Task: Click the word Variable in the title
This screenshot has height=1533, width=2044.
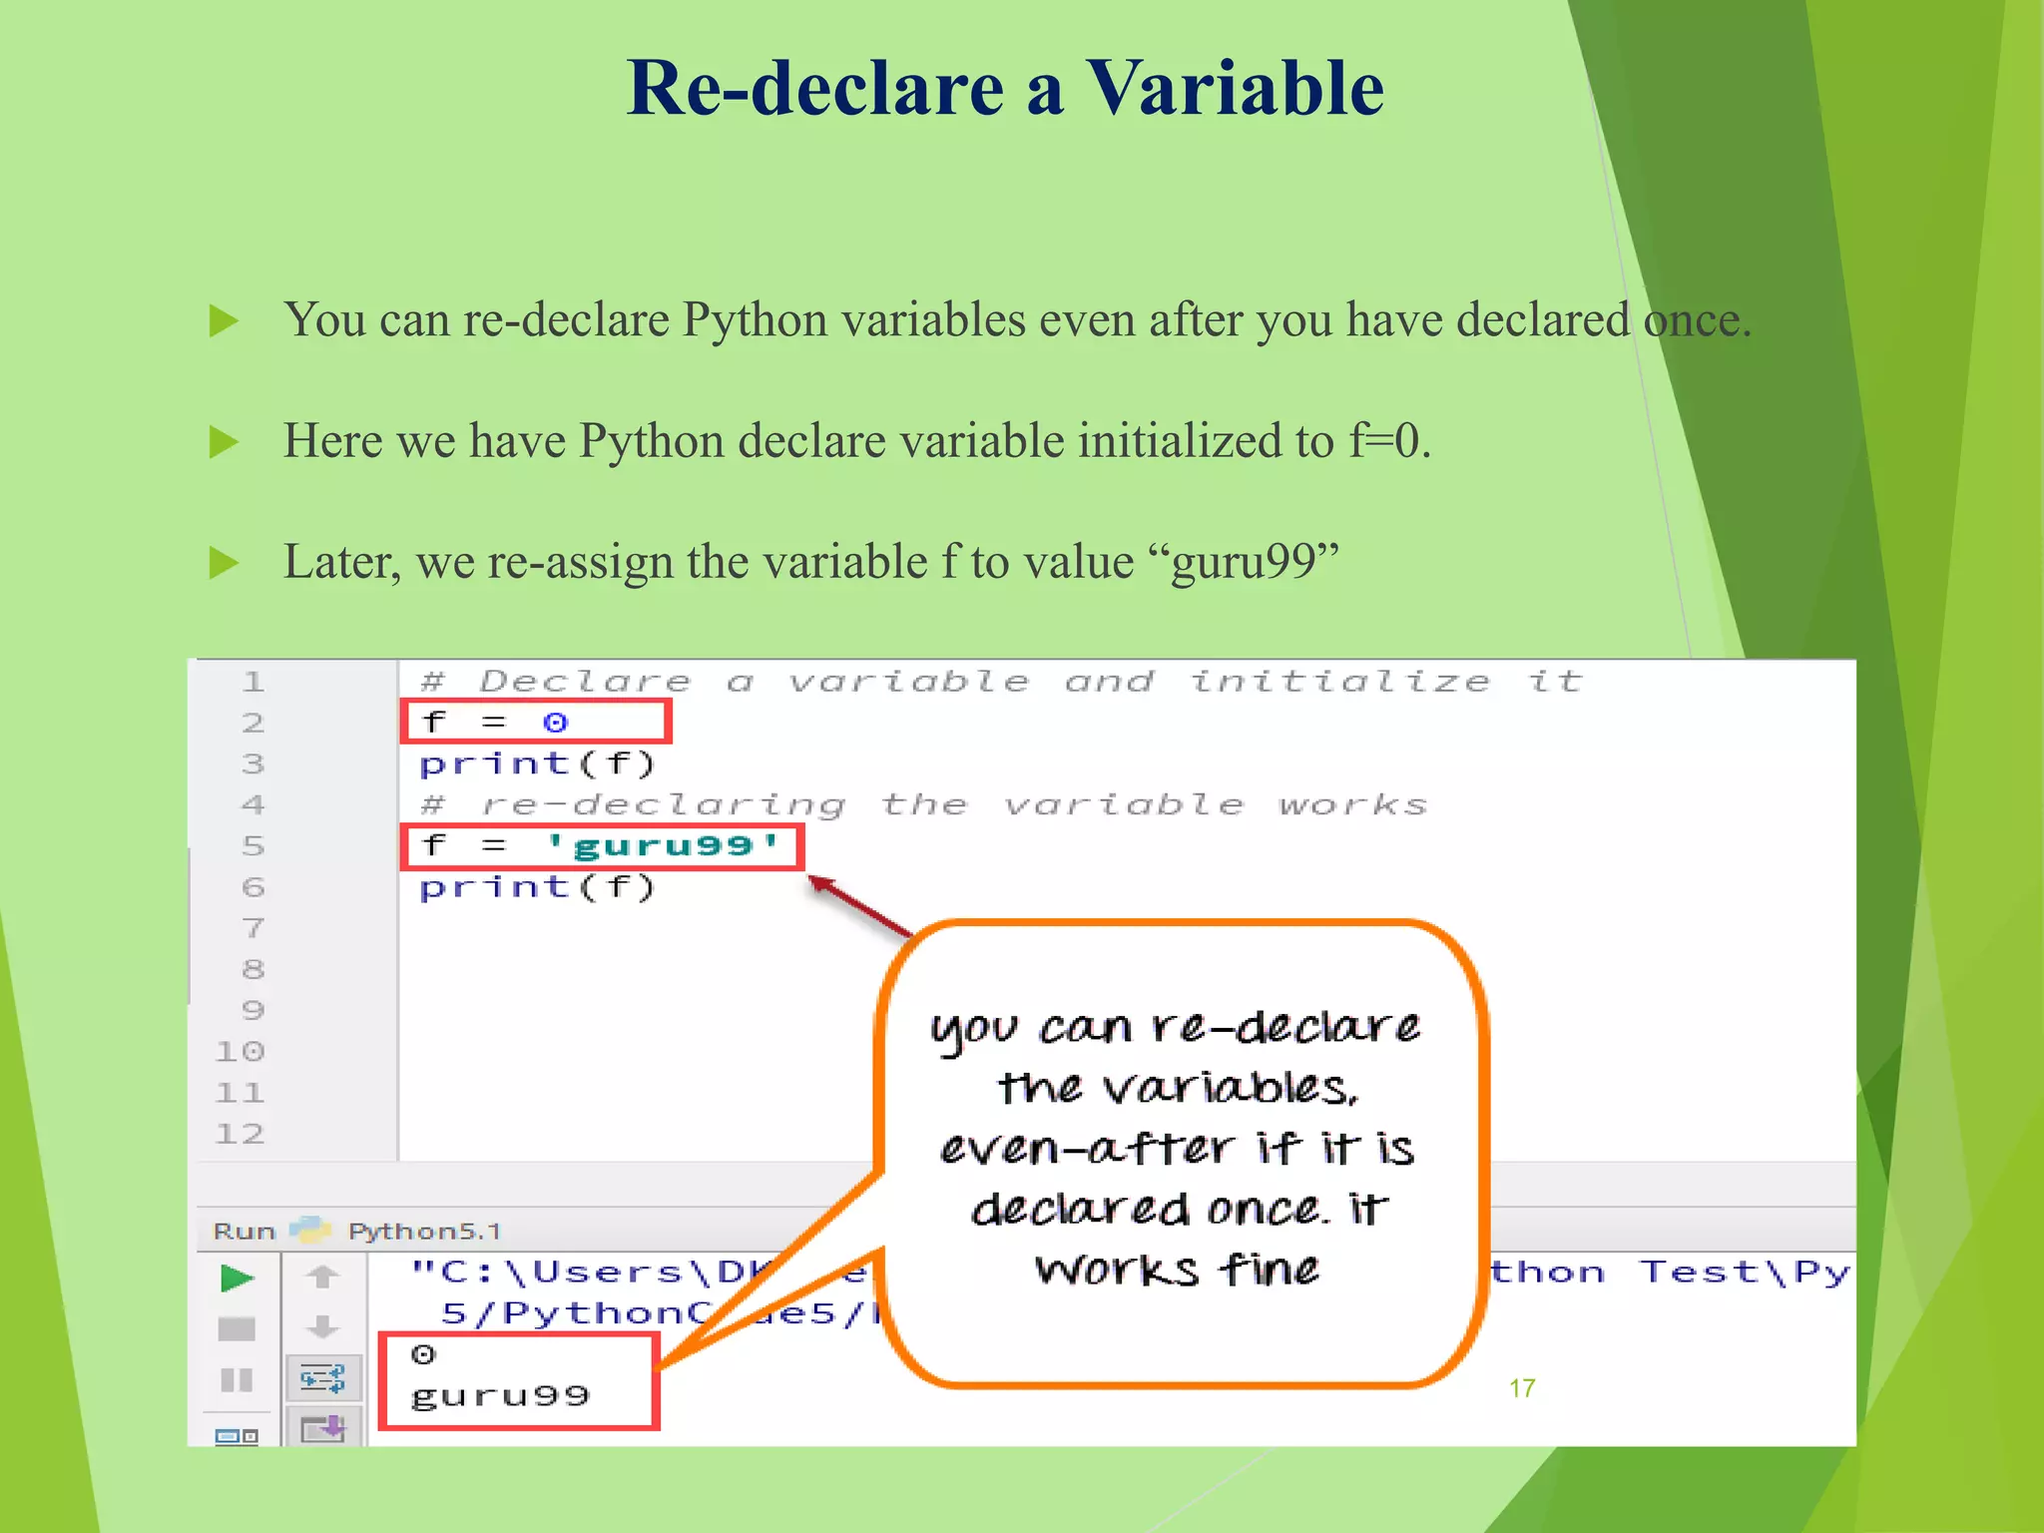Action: click(x=1235, y=88)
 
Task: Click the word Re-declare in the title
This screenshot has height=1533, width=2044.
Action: click(x=815, y=88)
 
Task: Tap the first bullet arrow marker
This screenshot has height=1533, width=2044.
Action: click(x=224, y=321)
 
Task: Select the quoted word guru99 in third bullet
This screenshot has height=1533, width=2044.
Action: click(x=1255, y=562)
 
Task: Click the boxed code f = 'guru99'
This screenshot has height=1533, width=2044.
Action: click(x=602, y=846)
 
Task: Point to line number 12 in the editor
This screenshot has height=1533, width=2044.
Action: click(x=241, y=1134)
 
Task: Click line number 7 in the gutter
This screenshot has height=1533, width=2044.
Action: click(x=254, y=928)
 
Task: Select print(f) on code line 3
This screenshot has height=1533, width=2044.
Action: click(x=537, y=765)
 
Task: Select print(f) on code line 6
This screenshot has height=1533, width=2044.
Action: click(x=537, y=887)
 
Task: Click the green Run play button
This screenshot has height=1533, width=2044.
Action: click(x=237, y=1277)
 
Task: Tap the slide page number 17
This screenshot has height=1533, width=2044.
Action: click(x=1521, y=1388)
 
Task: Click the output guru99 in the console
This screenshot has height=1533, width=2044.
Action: click(x=500, y=1395)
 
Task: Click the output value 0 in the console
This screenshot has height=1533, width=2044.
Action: click(x=423, y=1354)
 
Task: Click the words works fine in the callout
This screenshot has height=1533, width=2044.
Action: click(x=1178, y=1271)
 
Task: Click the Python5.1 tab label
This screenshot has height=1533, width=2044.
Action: click(x=424, y=1232)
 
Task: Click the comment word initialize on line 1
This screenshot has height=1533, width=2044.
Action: click(x=1339, y=682)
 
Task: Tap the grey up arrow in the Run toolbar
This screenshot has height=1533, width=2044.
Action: click(x=321, y=1277)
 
